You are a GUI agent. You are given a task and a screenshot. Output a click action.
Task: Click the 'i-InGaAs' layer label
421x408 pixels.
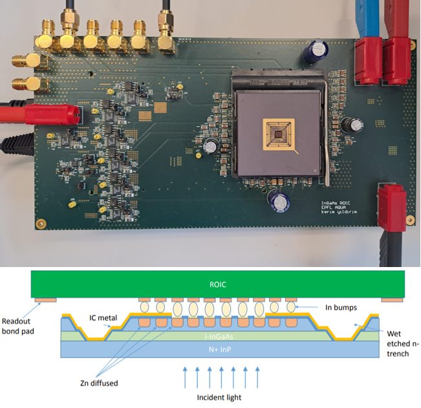click(x=219, y=336)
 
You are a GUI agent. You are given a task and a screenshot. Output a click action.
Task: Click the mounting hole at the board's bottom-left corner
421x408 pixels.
click(x=40, y=224)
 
